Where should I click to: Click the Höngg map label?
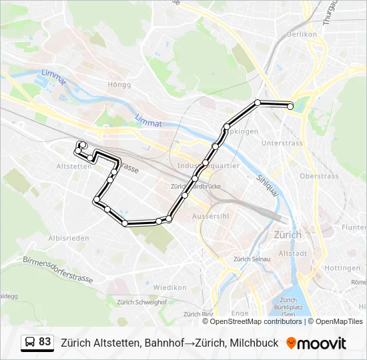pyautogui.click(x=119, y=85)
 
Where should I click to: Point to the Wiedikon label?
pyautogui.click(x=169, y=287)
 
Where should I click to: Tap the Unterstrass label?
pyautogui.click(x=282, y=143)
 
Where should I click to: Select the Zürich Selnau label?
pyautogui.click(x=251, y=259)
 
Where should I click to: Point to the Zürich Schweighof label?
pyautogui.click(x=141, y=302)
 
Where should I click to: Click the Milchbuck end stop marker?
pyautogui.click(x=290, y=106)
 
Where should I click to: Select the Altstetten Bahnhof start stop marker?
pyautogui.click(x=82, y=145)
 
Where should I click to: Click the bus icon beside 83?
pyautogui.click(x=31, y=343)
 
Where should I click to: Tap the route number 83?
pyautogui.click(x=45, y=342)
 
